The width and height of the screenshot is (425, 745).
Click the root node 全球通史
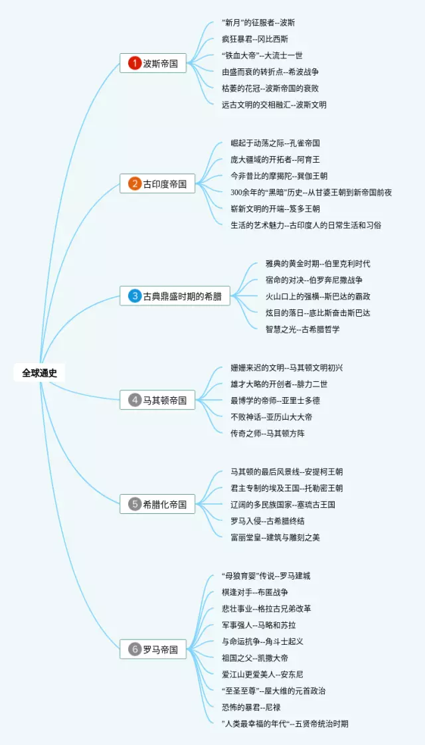click(39, 373)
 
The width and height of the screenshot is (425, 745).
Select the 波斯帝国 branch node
click(157, 64)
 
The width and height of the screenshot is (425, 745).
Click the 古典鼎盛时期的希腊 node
click(175, 296)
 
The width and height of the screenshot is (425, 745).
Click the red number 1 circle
click(135, 64)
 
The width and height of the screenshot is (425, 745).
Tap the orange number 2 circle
click(135, 184)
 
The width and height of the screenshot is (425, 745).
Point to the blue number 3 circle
click(135, 296)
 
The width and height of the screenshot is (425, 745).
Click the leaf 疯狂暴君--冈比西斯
click(255, 39)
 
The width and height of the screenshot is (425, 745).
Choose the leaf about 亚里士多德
click(275, 400)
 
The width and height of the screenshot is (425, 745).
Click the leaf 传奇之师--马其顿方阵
click(267, 433)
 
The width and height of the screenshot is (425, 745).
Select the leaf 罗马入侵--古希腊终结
click(268, 521)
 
